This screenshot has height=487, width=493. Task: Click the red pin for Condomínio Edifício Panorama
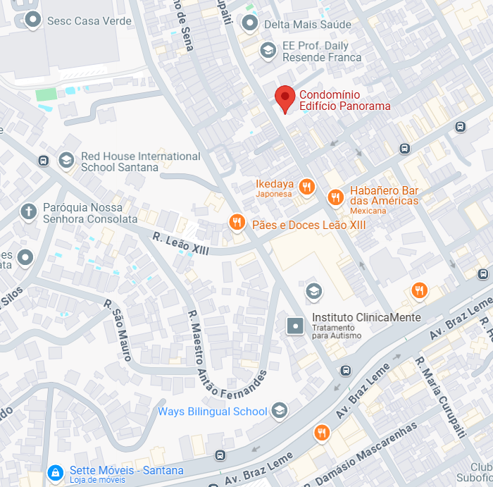(x=285, y=97)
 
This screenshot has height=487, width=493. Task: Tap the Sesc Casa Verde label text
(x=89, y=21)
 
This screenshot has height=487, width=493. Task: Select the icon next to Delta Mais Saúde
(x=249, y=23)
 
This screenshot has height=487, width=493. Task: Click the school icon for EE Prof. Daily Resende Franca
(x=268, y=50)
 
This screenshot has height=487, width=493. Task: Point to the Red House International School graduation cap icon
(x=66, y=161)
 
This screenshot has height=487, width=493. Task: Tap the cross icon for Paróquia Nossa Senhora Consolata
(x=28, y=211)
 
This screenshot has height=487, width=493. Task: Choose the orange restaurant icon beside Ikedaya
(x=306, y=187)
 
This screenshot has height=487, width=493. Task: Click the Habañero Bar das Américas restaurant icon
(x=335, y=197)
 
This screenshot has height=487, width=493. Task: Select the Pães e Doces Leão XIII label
(x=308, y=224)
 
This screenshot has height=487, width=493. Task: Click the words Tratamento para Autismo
(x=337, y=331)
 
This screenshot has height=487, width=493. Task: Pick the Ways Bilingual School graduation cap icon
(x=280, y=410)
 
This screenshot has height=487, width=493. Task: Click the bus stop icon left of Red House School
(x=43, y=161)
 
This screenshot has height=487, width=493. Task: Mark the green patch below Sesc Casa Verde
(x=46, y=94)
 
